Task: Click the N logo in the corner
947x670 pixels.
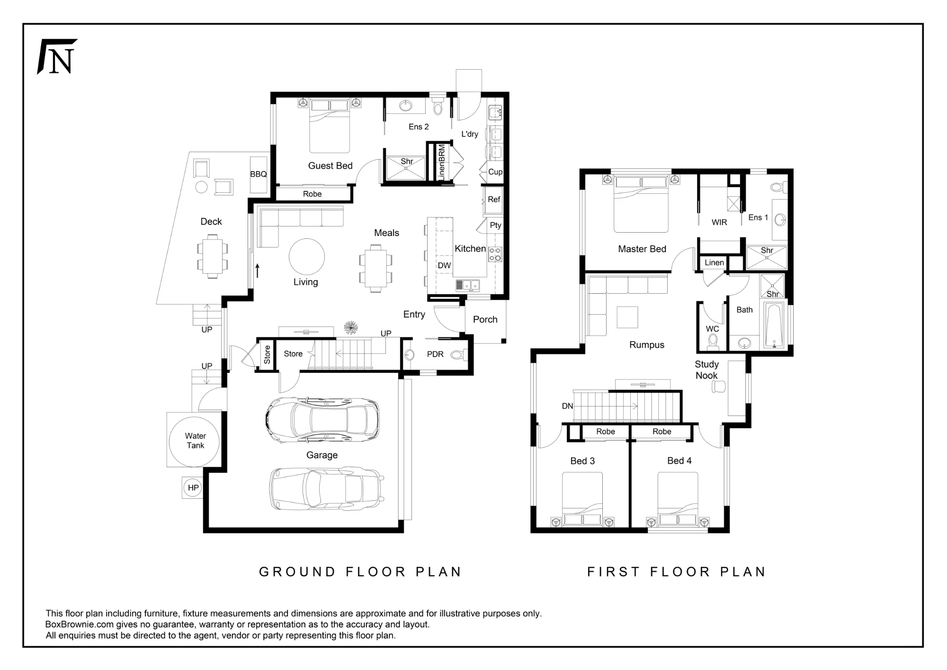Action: pos(57,56)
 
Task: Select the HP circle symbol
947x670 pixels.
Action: pos(193,488)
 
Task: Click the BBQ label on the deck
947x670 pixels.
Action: pos(259,174)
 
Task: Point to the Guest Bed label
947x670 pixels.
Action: pos(331,166)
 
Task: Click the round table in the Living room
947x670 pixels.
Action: pos(307,256)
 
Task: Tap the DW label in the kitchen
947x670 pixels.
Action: pos(444,265)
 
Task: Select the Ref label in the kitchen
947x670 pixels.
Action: pos(494,199)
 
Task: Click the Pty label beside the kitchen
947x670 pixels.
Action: pos(495,225)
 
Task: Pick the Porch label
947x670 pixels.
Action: pos(485,319)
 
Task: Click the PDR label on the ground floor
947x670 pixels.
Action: pos(435,354)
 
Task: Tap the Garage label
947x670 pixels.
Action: pos(322,455)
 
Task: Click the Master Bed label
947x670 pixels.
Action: pos(642,249)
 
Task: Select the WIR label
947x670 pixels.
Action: pos(719,222)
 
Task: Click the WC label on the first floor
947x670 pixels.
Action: pos(712,329)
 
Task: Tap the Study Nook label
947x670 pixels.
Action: pos(706,370)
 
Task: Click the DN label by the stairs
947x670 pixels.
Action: pos(567,406)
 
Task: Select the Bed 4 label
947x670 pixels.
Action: pos(679,461)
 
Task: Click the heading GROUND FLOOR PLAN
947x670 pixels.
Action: pos(360,572)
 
